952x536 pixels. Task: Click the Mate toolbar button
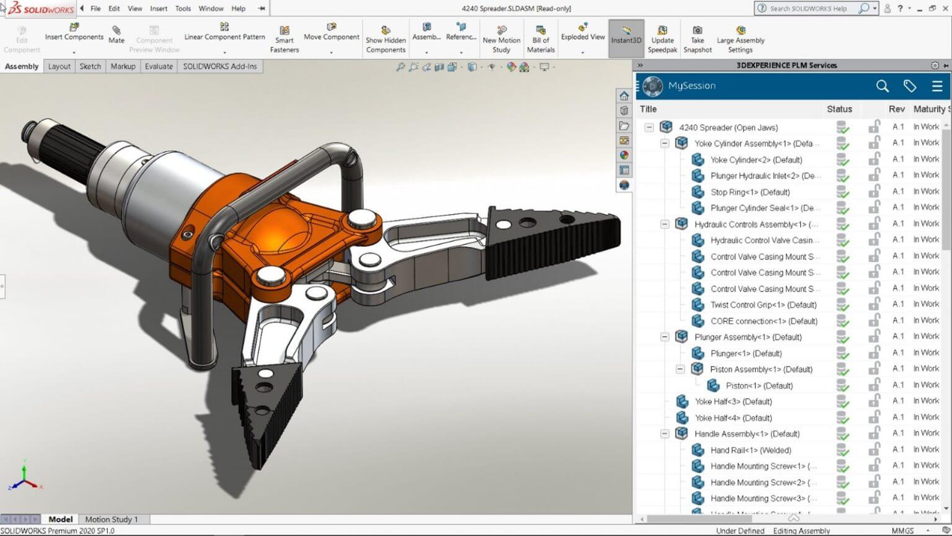[117, 34]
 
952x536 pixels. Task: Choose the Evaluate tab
[159, 66]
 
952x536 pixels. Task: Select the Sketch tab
[90, 66]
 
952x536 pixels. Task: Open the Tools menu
[183, 9]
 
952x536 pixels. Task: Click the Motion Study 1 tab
[112, 519]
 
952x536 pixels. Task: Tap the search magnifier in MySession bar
[883, 86]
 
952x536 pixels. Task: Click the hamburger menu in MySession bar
[937, 86]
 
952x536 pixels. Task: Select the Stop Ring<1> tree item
[749, 192]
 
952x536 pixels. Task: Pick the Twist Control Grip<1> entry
[763, 305]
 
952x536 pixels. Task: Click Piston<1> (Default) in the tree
[759, 386]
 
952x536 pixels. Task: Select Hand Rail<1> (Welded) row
[751, 450]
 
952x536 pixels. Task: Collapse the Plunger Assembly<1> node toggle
[664, 337]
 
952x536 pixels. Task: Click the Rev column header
[896, 109]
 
